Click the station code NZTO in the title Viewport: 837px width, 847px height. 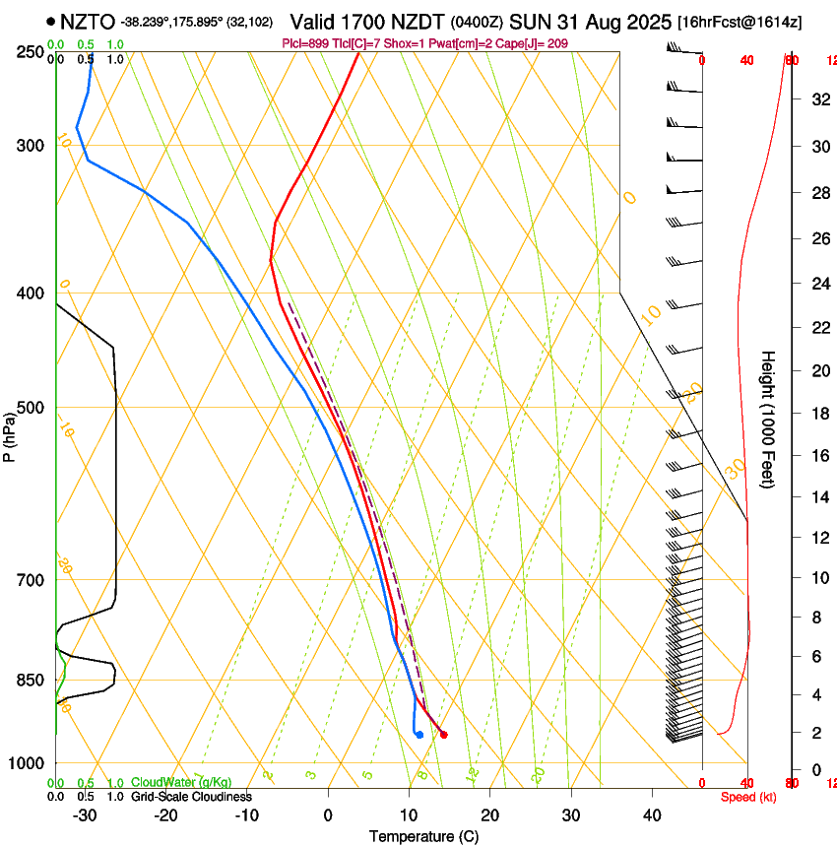click(88, 22)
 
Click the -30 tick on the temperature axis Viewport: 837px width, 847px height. click(85, 815)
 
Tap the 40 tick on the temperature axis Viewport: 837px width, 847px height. click(651, 815)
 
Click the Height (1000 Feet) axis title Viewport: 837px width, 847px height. click(769, 420)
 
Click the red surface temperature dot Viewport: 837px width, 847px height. click(444, 734)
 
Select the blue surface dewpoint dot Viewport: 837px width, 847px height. click(419, 734)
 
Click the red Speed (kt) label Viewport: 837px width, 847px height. click(748, 797)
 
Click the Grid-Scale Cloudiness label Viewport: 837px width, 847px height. click(191, 797)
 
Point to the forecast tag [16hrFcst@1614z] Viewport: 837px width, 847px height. click(739, 22)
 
